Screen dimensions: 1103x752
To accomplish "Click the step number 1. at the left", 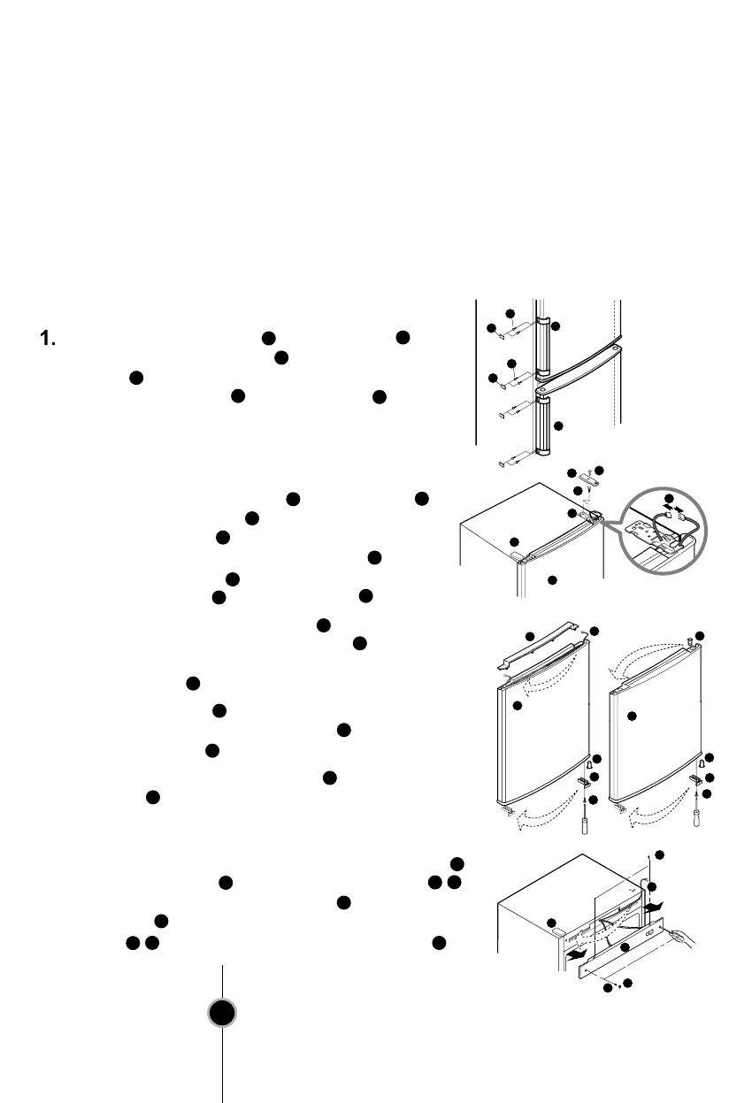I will coord(48,338).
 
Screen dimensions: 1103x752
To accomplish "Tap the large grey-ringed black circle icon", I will coord(222,1013).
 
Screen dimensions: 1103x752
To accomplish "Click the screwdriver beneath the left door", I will coord(586,823).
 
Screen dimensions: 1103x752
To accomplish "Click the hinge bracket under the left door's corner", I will coord(585,781).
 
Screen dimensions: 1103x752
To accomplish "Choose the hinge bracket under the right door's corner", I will coord(697,781).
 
